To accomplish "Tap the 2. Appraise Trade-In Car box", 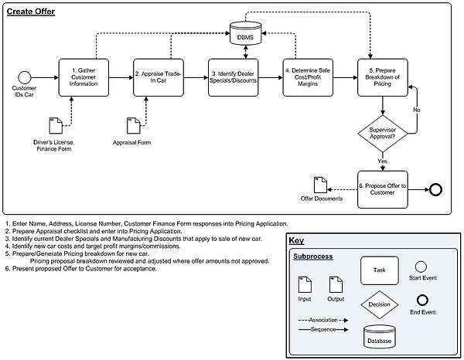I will tap(160, 76).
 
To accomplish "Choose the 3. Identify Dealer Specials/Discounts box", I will tap(234, 76).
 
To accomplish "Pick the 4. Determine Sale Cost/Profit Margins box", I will tap(309, 76).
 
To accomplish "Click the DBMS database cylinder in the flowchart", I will tap(245, 35).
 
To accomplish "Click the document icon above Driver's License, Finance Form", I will tap(55, 127).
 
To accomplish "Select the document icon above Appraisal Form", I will tap(133, 127).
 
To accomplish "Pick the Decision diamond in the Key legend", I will tap(379, 304).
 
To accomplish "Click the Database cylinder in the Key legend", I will tap(379, 336).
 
